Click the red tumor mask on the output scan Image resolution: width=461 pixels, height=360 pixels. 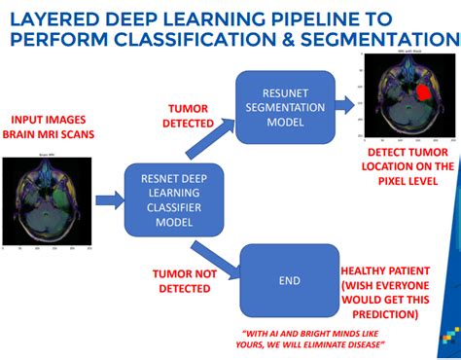coord(424,95)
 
